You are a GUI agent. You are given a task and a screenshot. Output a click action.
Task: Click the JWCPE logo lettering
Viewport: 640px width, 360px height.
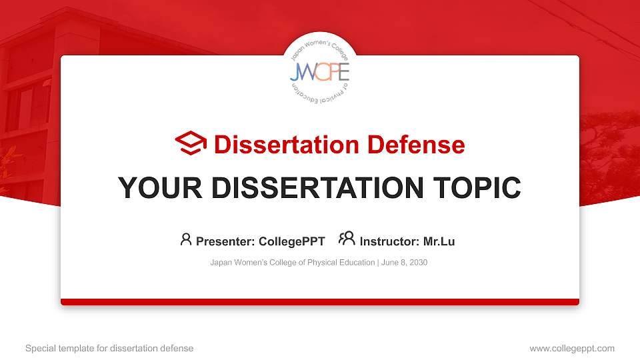319,71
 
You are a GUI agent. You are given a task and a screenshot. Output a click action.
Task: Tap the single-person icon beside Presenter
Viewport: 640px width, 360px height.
186,239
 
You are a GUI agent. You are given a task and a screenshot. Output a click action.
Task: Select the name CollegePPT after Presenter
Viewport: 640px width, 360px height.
292,241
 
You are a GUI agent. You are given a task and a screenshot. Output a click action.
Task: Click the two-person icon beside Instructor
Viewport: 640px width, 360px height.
347,239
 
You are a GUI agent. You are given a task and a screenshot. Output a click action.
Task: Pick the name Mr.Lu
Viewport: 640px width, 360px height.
439,241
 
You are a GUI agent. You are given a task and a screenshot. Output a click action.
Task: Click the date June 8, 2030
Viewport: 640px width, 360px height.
404,263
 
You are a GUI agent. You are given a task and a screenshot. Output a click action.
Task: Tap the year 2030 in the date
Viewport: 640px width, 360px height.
418,263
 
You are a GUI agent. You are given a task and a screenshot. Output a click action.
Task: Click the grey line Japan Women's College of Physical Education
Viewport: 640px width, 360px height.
292,263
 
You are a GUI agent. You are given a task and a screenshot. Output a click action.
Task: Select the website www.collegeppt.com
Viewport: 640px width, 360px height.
572,348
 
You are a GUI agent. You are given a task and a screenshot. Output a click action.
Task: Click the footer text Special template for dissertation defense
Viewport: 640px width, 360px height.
109,348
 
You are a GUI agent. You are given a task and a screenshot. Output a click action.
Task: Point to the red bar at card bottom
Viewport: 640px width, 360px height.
320,302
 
